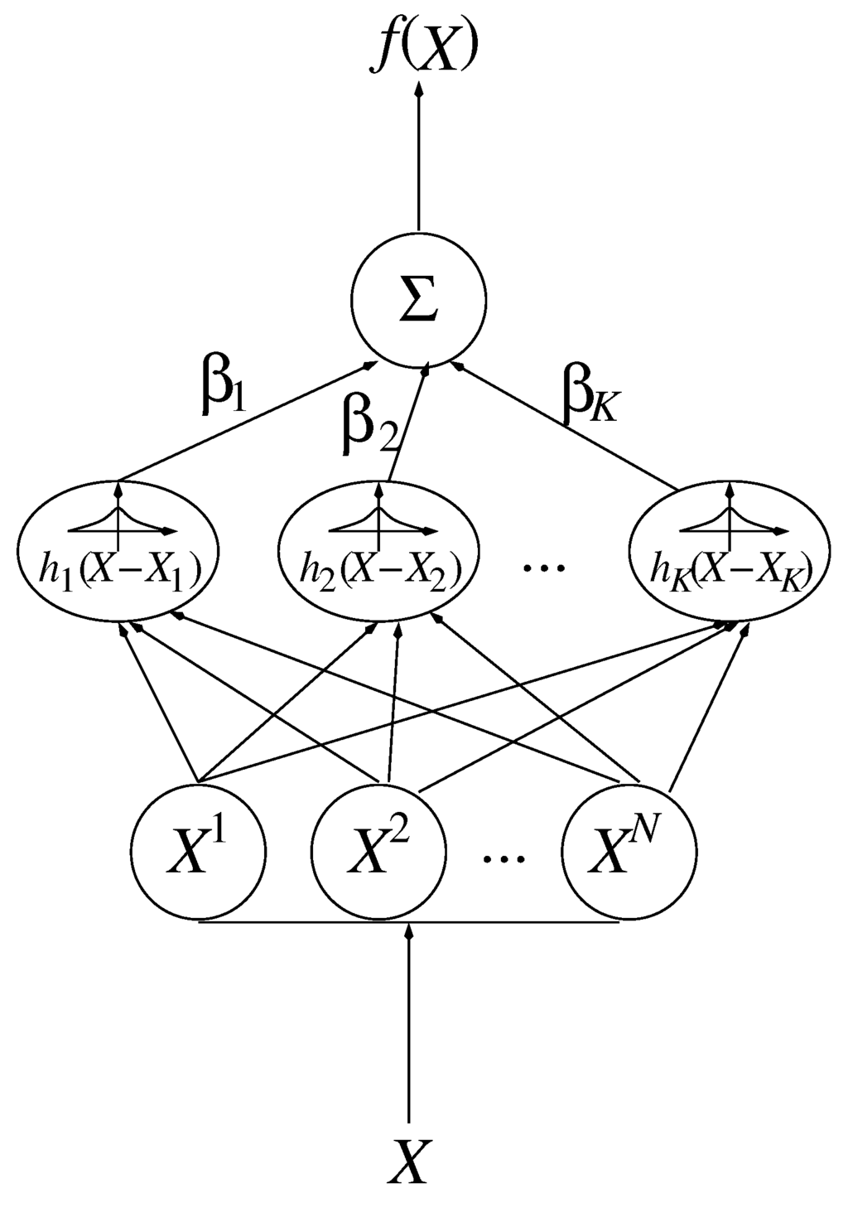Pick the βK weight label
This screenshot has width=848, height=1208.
tap(590, 402)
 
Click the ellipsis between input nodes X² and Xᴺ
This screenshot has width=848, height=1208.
tap(504, 860)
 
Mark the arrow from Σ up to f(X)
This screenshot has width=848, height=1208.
tap(418, 157)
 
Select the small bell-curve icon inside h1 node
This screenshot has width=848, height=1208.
tap(120, 519)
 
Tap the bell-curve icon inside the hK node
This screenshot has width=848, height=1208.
tap(730, 519)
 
